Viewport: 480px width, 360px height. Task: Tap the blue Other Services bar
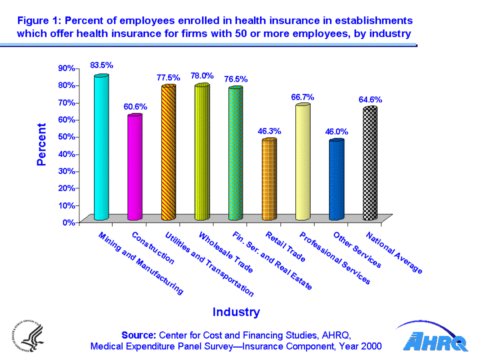[337, 179]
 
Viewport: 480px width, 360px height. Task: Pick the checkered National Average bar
[370, 163]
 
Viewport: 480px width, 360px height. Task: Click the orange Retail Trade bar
[269, 179]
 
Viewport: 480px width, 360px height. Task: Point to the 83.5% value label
[102, 65]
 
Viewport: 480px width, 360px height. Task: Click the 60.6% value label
[136, 106]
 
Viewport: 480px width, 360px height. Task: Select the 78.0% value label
[202, 75]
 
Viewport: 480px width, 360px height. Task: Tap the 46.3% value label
[270, 131]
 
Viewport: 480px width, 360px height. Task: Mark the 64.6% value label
[370, 100]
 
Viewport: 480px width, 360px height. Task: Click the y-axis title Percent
[42, 145]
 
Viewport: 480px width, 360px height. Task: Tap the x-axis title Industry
[236, 312]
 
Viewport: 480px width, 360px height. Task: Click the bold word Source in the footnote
[138, 335]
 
